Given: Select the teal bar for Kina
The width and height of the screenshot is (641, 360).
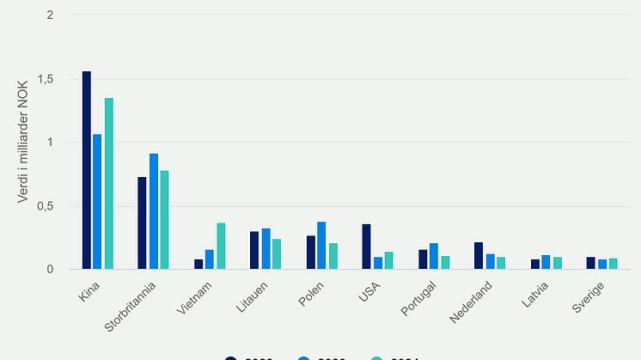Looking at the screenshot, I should pyautogui.click(x=109, y=184).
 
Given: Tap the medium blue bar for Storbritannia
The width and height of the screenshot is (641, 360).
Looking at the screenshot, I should pyautogui.click(x=154, y=211).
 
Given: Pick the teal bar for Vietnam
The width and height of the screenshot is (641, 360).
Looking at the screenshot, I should pyautogui.click(x=221, y=247).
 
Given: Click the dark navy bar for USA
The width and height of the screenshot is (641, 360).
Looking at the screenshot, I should pyautogui.click(x=367, y=247).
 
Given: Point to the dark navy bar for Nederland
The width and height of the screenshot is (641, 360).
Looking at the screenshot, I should pyautogui.click(x=479, y=256).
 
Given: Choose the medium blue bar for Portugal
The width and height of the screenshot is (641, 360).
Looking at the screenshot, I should pyautogui.click(x=434, y=257).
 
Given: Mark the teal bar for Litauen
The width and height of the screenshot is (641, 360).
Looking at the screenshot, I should pyautogui.click(x=277, y=254).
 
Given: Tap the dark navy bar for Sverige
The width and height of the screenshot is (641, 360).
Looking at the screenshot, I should pyautogui.click(x=590, y=264).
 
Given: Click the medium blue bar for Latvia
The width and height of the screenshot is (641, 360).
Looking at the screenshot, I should pyautogui.click(x=546, y=262).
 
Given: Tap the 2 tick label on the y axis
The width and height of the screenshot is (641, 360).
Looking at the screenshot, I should pyautogui.click(x=51, y=15).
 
